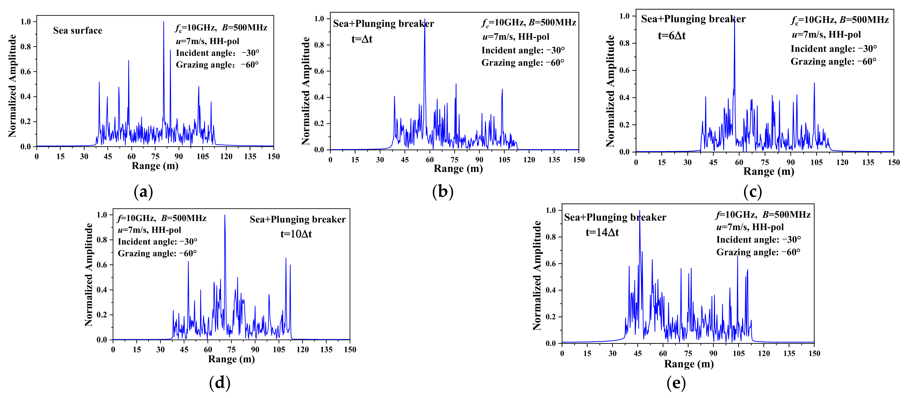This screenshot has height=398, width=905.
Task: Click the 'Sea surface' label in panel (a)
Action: coord(78,31)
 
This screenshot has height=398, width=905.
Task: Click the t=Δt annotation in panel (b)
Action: coord(362,39)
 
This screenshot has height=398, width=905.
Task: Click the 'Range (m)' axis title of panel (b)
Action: coord(458,169)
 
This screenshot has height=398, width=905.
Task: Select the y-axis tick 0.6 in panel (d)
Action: coord(102,265)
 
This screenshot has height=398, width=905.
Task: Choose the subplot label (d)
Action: coord(220,382)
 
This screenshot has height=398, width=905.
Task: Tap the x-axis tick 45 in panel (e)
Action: coord(638,353)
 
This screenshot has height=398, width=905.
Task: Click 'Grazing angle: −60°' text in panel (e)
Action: coord(758,252)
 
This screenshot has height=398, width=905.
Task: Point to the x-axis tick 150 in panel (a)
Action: coord(273,157)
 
